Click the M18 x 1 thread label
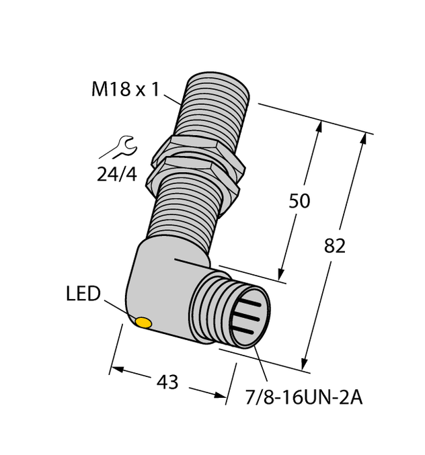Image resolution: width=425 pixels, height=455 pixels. click(124, 89)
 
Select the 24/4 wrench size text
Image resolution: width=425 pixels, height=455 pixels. click(117, 175)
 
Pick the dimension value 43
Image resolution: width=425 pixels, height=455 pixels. click(166, 382)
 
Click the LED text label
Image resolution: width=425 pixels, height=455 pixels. click(83, 294)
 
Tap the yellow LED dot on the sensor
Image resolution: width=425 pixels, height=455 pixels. click(143, 323)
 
